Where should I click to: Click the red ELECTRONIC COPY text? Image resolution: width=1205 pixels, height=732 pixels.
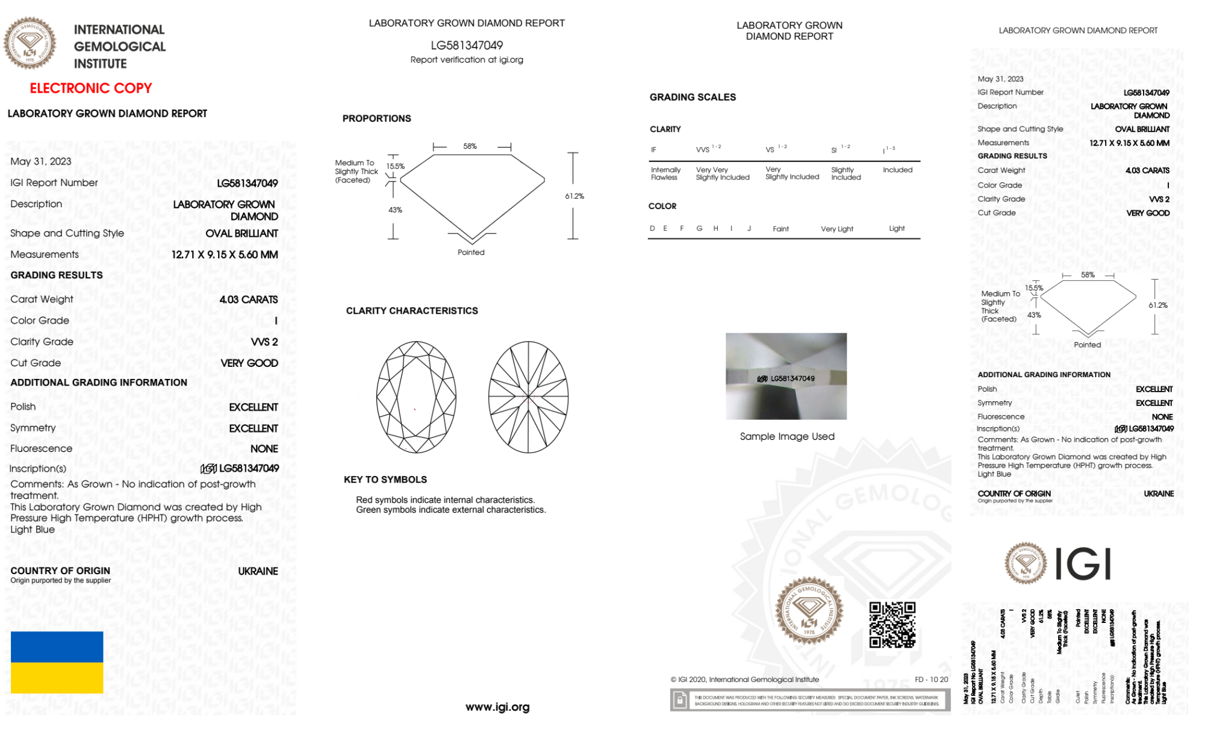click(x=91, y=88)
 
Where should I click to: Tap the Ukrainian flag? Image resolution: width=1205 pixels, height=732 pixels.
click(x=57, y=662)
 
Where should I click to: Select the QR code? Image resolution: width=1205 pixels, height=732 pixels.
click(x=892, y=624)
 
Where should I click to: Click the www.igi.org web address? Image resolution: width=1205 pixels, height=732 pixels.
click(x=497, y=707)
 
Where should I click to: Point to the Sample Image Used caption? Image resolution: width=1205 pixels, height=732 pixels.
click(x=786, y=436)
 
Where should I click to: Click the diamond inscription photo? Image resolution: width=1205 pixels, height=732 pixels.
click(x=786, y=376)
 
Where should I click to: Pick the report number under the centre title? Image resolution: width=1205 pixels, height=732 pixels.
click(x=467, y=45)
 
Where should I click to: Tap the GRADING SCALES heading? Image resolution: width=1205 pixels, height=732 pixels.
click(x=693, y=97)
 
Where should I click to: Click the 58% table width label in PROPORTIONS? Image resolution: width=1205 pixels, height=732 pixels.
click(x=470, y=146)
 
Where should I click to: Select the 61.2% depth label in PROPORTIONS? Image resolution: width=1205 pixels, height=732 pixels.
click(x=574, y=196)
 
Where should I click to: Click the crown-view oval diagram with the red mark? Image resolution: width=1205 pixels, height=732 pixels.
click(x=416, y=397)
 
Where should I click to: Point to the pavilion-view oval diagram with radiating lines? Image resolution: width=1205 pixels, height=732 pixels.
click(x=528, y=397)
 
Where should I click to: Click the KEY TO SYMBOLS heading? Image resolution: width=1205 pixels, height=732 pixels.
click(x=385, y=480)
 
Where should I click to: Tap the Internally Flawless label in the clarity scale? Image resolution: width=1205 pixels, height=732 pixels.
click(x=665, y=174)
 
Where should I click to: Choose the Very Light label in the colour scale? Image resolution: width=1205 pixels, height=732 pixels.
click(x=836, y=229)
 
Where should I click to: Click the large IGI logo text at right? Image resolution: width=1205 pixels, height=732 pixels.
click(x=1083, y=564)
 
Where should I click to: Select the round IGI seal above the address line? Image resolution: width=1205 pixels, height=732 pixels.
click(x=809, y=611)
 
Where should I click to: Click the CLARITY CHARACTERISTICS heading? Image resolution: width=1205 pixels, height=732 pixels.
click(x=412, y=311)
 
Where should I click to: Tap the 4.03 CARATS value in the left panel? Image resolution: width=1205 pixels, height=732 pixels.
click(x=248, y=299)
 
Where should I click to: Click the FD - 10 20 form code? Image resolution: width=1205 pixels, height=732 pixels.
click(x=931, y=679)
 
